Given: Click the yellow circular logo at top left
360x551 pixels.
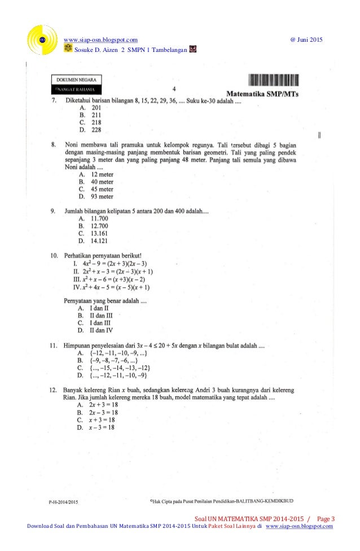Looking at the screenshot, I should tap(42, 40).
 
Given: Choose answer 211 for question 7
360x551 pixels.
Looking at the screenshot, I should tap(93, 115).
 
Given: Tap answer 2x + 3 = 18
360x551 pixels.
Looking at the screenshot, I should tap(100, 405).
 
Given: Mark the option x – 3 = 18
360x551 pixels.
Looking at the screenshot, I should tap(99, 427).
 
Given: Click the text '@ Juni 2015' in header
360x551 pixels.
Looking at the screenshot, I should tap(305, 40).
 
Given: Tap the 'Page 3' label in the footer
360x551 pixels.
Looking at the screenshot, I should tap(326, 519).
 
